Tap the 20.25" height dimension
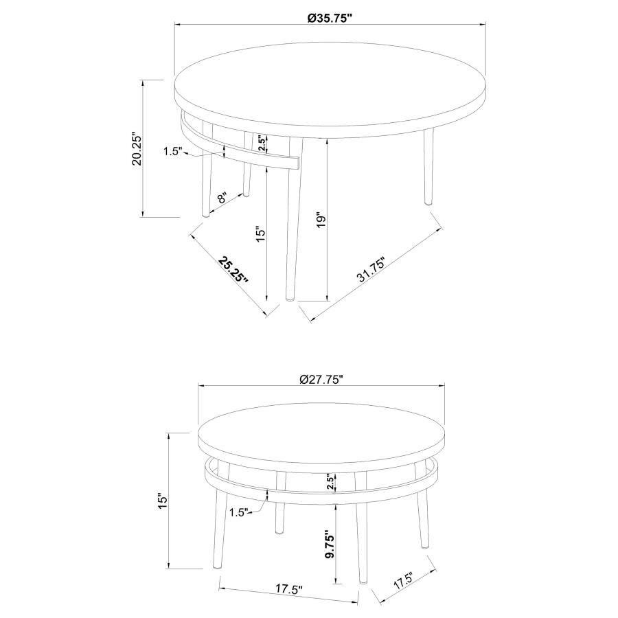pyautogui.click(x=137, y=149)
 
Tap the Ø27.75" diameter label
pyautogui.click(x=321, y=378)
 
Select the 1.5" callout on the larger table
pyautogui.click(x=172, y=152)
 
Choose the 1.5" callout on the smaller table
pyautogui.click(x=238, y=512)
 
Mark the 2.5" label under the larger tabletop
pyautogui.click(x=262, y=143)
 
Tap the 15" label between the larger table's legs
pyautogui.click(x=260, y=234)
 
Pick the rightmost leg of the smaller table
pyautogui.click(x=423, y=515)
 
